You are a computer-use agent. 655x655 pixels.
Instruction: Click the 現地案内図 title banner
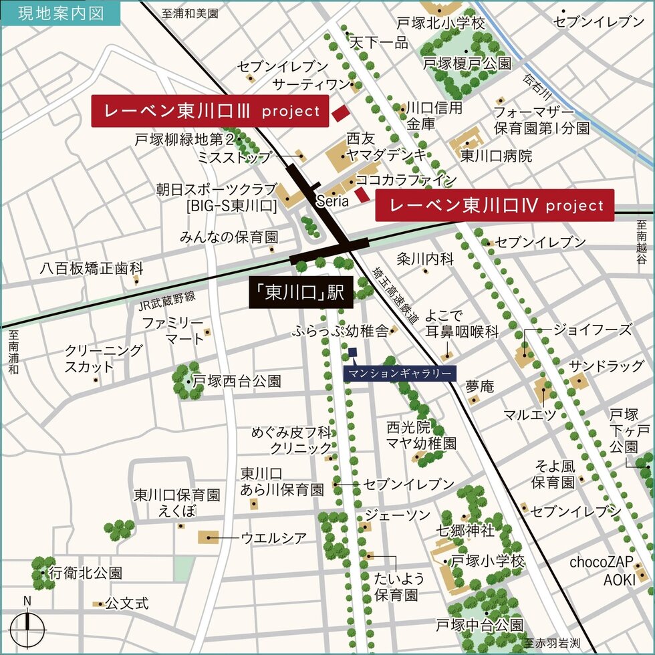pos(60,13)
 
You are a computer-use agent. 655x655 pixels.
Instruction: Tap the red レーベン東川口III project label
pos(210,111)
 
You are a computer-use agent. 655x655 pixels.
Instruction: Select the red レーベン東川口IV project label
pos(495,205)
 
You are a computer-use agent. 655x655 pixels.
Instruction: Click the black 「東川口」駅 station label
pos(301,293)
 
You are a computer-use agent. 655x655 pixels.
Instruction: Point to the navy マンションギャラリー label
pos(400,373)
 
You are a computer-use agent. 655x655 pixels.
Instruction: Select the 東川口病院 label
pos(496,156)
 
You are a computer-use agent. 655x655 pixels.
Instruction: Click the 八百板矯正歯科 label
pos(91,269)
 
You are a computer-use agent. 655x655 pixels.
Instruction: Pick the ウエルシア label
pos(273,537)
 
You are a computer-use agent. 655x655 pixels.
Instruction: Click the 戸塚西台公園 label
pos(237,382)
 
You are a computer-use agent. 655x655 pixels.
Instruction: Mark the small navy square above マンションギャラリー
pos(353,352)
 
